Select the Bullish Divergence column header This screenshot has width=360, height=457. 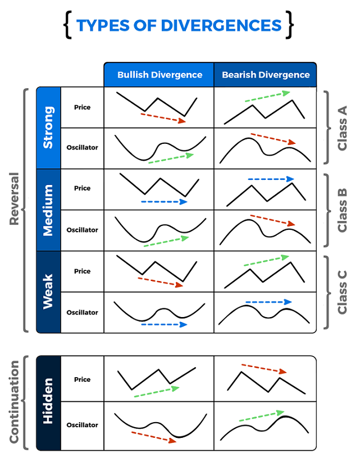[x=160, y=75]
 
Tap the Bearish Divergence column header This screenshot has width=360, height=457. [x=266, y=75]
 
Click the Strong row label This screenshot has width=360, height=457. [x=48, y=128]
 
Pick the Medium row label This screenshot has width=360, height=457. [x=48, y=210]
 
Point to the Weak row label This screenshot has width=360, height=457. [x=48, y=291]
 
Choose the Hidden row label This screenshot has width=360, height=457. [x=48, y=402]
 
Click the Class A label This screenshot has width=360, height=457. [x=341, y=128]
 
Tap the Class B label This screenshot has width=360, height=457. [x=341, y=210]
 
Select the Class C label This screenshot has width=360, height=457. [x=341, y=292]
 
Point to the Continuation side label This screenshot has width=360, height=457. [x=15, y=402]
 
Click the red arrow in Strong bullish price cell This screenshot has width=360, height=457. [x=163, y=117]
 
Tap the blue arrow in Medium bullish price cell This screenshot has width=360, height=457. [x=164, y=201]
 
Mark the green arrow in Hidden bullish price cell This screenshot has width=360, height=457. [x=157, y=392]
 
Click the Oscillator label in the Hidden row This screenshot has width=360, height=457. [x=82, y=425]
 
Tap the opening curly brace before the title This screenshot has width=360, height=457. [x=69, y=26]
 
